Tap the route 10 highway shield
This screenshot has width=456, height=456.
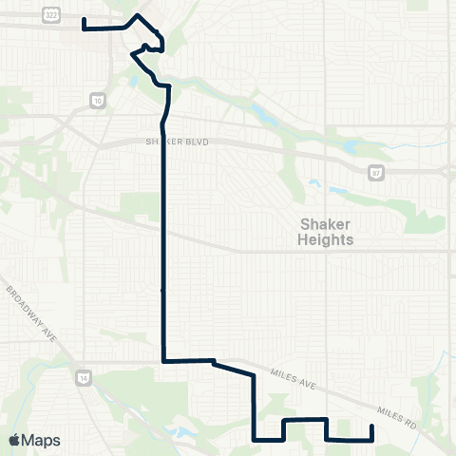tap(98, 99)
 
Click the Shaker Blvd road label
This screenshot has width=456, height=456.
tap(176, 142)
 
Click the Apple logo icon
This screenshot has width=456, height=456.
tap(14, 441)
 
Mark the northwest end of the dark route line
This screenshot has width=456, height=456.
tap(84, 19)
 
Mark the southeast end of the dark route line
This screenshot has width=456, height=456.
tap(370, 427)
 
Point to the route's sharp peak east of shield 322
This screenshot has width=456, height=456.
tap(140, 15)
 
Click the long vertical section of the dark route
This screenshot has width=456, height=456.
tap(164, 247)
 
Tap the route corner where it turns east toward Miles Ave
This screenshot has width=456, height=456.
tap(165, 361)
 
